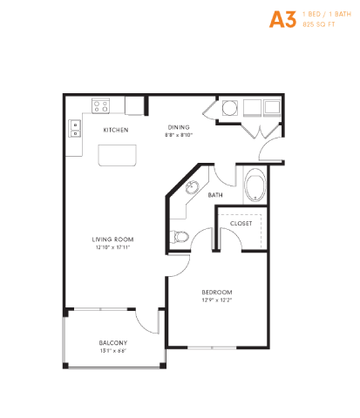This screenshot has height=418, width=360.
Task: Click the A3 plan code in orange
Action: point(281,20)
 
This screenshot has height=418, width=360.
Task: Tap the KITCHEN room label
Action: point(116,130)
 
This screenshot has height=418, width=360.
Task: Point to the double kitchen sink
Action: point(75,129)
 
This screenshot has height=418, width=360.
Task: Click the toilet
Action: point(180,235)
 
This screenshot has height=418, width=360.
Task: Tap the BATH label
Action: point(215,195)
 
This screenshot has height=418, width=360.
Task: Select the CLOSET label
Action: point(241,224)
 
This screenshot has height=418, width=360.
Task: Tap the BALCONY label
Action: point(113,342)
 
